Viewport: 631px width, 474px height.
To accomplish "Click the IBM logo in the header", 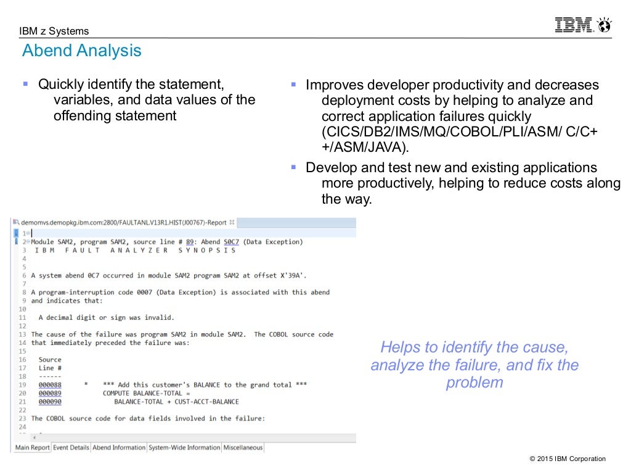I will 574,25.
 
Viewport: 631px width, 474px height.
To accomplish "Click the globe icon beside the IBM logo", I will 604,25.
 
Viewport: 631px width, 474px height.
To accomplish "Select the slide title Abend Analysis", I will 82,51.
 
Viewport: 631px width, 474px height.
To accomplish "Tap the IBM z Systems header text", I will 54,31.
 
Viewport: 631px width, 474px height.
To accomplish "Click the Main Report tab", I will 33,447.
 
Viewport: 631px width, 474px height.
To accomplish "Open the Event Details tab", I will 71,447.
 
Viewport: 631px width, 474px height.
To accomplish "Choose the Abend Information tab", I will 119,447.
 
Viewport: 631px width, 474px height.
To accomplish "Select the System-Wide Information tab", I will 184,447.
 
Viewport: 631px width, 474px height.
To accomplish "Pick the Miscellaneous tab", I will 243,447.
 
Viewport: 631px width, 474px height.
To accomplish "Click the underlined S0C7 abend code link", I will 231,242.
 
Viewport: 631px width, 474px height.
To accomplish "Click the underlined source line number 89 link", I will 190,242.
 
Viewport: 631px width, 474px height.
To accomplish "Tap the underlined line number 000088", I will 50,385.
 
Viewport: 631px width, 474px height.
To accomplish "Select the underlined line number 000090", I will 50,402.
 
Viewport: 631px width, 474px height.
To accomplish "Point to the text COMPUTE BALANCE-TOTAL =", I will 147,393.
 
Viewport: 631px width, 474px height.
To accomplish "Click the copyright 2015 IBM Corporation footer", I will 568,459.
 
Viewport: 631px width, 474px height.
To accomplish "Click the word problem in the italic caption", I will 474,383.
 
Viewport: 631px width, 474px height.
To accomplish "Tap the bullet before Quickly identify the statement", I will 26,83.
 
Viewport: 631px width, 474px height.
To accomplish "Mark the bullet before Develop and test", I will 294,167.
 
